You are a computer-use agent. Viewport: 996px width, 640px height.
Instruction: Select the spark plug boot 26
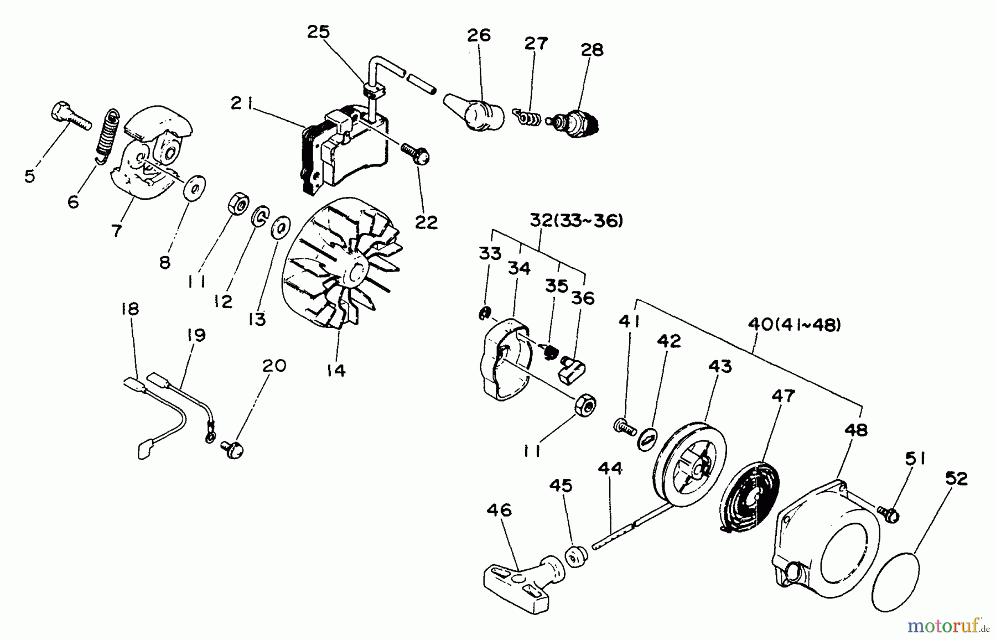pos(475,113)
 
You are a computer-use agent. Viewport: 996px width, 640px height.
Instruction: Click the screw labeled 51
pos(888,514)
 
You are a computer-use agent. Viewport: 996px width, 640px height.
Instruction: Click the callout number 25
pos(318,32)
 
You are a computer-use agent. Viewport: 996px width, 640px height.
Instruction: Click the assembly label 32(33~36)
pos(576,221)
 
